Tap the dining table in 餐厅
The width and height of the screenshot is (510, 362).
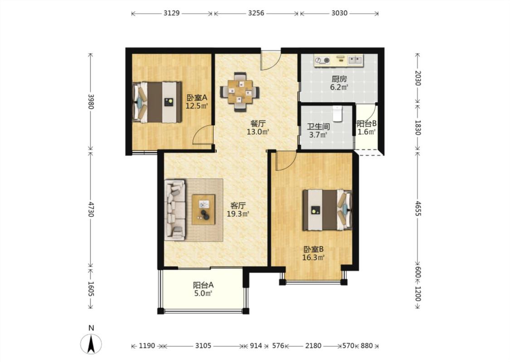pos(240,92)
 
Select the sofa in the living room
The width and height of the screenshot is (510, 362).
pos(175,210)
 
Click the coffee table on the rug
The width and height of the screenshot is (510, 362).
pos(204,210)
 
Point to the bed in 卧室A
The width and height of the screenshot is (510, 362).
pos(157,102)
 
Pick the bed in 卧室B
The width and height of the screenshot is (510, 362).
pos(327,210)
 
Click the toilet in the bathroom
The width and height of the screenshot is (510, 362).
pos(338,113)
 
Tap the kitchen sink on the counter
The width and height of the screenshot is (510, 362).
pos(355,60)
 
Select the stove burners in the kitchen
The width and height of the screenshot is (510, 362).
pos(322,60)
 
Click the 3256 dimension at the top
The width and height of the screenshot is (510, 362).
pos(256,13)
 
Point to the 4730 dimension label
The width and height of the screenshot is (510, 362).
pos(91,210)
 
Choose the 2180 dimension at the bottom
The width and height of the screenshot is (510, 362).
pos(313,346)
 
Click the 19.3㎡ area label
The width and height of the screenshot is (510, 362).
pos(238,214)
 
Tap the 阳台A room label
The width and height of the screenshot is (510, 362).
pos(203,285)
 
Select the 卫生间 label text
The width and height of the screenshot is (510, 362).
pos(318,127)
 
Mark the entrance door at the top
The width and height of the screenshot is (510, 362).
pos(271,60)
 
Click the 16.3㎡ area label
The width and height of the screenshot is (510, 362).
pos(313,258)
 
